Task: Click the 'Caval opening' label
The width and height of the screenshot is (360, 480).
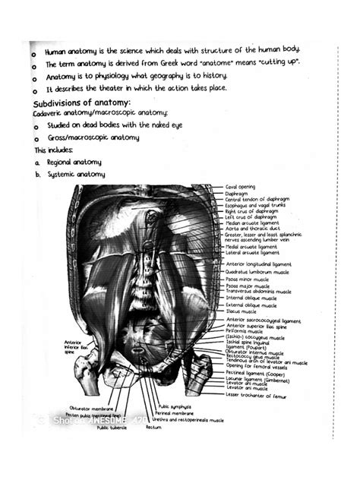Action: pos(242,187)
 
